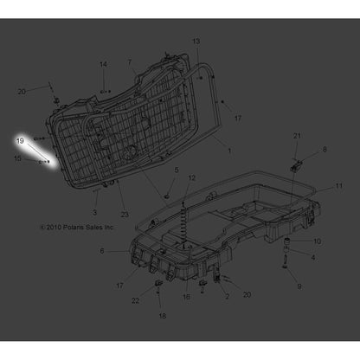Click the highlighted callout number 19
[20, 138]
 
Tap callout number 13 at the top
[196, 42]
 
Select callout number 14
[103, 65]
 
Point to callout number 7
[130, 62]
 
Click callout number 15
[18, 158]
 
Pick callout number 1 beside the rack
[228, 150]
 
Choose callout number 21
[296, 137]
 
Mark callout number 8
[325, 150]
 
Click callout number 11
[339, 186]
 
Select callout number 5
[177, 170]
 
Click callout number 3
[95, 212]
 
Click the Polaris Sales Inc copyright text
[79, 228]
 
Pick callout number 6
[102, 251]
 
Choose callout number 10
[317, 241]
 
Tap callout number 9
[299, 286]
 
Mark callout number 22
[136, 300]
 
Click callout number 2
[227, 296]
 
